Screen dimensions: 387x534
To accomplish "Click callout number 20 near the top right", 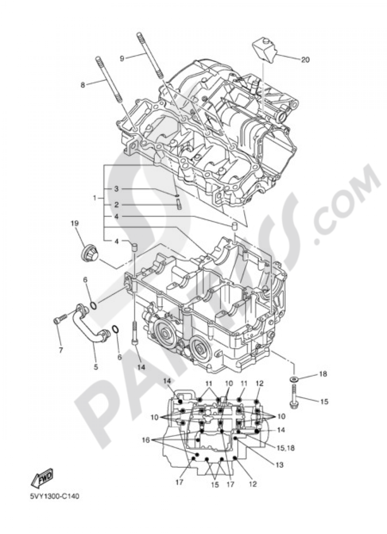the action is [x=305, y=59].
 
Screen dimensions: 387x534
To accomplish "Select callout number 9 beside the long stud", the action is [x=122, y=58].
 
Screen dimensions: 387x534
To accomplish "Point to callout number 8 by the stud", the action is [x=83, y=85].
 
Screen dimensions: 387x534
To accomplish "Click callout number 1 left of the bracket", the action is [x=95, y=198].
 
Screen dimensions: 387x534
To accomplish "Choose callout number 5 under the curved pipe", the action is [x=96, y=367].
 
